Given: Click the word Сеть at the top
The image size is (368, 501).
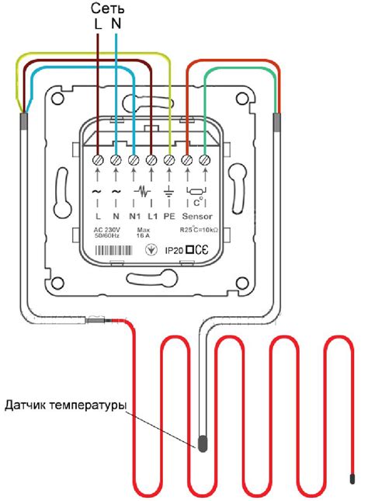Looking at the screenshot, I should (x=106, y=9).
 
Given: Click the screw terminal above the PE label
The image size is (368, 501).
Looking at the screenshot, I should (x=170, y=160).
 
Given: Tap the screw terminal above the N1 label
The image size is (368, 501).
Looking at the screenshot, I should (x=134, y=160).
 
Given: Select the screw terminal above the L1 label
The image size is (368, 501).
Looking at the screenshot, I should (x=151, y=160).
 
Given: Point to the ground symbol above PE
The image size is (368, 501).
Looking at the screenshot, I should (x=170, y=191).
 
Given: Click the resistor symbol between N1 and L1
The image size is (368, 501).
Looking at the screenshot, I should (x=143, y=190).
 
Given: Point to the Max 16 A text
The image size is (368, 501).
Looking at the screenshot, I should (x=144, y=235).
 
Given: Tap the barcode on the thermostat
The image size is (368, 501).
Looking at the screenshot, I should (x=117, y=252).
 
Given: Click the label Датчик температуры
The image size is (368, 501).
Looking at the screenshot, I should (x=65, y=405).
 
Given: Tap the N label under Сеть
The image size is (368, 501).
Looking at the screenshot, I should (x=116, y=24).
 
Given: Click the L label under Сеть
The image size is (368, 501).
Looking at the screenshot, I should (x=98, y=24).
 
